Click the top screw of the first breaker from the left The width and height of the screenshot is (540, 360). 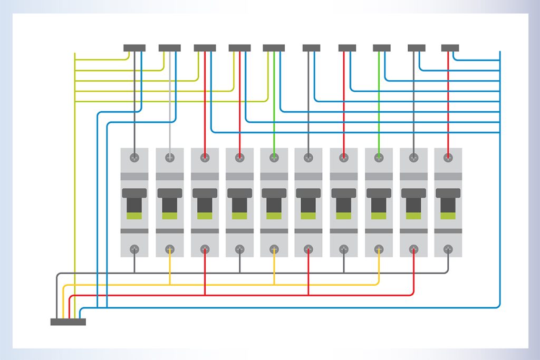point(134,157)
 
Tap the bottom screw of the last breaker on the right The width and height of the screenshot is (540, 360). point(448,248)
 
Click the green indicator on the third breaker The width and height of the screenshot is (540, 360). point(205,216)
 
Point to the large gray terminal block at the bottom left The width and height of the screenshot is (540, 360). point(68,322)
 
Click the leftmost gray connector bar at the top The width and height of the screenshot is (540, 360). point(134,48)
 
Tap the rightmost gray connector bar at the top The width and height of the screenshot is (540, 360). point(450,48)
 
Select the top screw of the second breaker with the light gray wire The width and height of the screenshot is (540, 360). point(170,157)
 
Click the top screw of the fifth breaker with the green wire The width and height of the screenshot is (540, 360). point(274,157)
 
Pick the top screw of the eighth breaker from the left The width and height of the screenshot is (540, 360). point(379,157)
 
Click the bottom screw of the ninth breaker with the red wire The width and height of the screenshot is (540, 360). point(414,248)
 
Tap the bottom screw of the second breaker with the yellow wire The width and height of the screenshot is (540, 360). point(170,248)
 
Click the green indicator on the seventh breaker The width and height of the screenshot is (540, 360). point(344,216)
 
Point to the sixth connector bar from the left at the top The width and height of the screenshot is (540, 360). point(311,48)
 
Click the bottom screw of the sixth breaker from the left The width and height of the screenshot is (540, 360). point(309,248)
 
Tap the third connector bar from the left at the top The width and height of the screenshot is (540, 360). point(205,48)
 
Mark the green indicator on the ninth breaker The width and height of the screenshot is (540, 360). point(414,216)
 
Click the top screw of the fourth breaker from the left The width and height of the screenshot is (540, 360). point(239,157)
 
